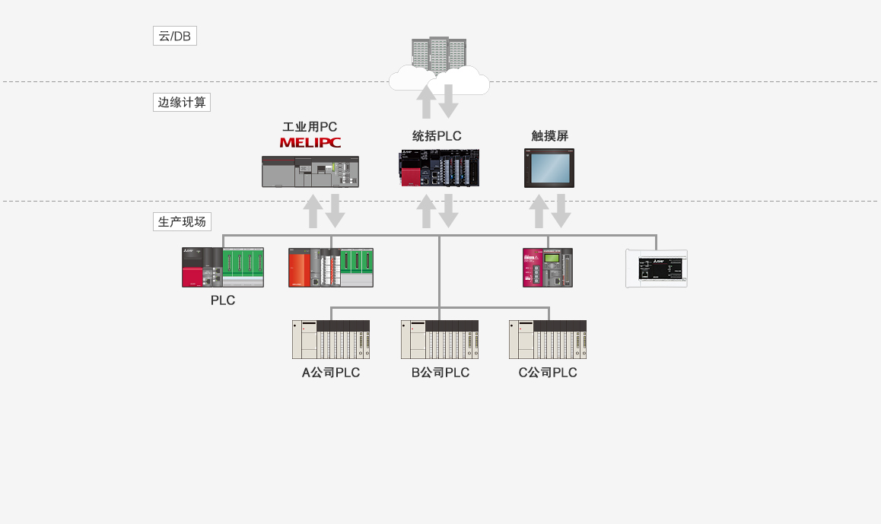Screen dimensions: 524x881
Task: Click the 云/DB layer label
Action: [174, 36]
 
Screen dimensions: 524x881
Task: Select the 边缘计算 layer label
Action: [181, 102]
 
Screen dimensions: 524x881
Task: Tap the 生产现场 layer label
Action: [182, 221]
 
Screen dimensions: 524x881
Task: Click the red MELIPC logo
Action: [310, 142]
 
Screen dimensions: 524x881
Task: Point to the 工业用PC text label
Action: [310, 126]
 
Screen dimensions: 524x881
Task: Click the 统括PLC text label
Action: [437, 136]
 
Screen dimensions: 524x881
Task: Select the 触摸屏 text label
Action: [549, 136]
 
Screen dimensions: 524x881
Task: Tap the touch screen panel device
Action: [549, 168]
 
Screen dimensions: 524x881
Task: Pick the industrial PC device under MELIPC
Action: [310, 171]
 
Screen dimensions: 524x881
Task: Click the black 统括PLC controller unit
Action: [440, 168]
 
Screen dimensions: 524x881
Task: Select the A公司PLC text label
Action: [331, 373]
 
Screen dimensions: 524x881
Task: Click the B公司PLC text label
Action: [440, 373]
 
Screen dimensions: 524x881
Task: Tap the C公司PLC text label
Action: [548, 373]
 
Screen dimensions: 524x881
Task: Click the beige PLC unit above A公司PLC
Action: [331, 339]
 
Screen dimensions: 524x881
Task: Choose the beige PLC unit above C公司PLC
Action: [548, 339]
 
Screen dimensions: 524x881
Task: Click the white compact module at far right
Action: [656, 268]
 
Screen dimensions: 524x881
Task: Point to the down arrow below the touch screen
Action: [561, 211]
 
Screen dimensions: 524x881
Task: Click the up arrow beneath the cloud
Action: [427, 101]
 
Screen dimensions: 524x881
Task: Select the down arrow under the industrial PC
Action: [335, 211]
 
